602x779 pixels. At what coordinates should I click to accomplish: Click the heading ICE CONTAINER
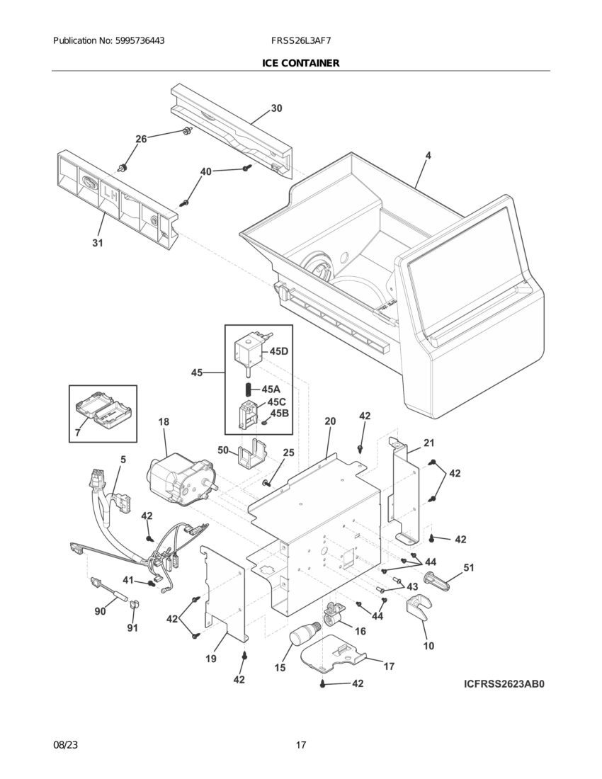point(300,63)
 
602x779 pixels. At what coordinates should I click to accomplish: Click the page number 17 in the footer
point(301,745)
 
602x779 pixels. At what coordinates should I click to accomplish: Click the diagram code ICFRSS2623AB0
point(506,684)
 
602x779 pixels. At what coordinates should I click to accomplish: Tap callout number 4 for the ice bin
point(428,155)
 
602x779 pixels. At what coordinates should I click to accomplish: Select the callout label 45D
point(279,351)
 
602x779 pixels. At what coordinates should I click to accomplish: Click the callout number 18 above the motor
point(164,421)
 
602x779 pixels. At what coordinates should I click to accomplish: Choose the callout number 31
point(97,243)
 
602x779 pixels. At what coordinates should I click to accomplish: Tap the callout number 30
point(276,108)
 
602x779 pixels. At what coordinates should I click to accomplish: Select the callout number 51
point(468,567)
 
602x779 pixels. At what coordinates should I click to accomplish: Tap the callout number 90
point(100,610)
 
